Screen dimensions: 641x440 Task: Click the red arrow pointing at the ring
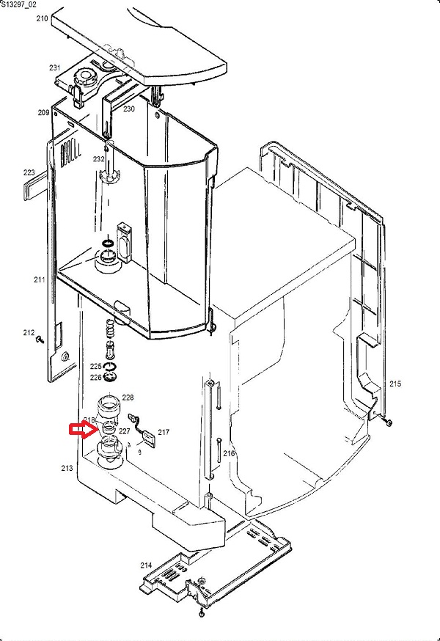click(x=81, y=429)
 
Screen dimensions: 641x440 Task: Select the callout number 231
click(x=55, y=67)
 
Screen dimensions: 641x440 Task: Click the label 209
click(x=43, y=112)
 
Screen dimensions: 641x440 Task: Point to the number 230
click(x=129, y=109)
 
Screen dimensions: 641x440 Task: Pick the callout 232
click(x=98, y=159)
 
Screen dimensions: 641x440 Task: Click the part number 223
click(x=29, y=173)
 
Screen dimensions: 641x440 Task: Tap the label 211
click(x=39, y=279)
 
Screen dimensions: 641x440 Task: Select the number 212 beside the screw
click(x=29, y=333)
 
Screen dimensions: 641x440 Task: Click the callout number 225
click(x=96, y=366)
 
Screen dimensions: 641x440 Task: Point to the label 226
click(x=96, y=377)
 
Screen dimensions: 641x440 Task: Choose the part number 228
click(x=128, y=398)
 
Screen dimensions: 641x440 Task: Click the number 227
click(x=124, y=431)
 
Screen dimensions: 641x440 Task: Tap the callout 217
click(x=163, y=432)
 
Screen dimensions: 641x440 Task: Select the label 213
click(x=67, y=467)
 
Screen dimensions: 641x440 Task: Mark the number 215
click(x=395, y=384)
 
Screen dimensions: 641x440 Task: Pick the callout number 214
click(x=146, y=565)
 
